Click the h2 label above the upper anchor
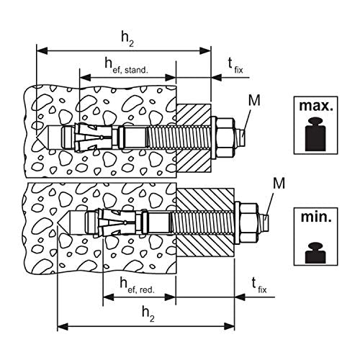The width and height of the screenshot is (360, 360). click(127, 40)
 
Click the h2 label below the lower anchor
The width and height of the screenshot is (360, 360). click(148, 314)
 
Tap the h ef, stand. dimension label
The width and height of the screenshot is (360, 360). click(126, 66)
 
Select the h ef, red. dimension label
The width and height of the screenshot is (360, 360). click(138, 286)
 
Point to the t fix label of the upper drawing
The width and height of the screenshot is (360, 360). click(235, 66)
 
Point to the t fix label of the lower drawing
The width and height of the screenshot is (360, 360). click(259, 286)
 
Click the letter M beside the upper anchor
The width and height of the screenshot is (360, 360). click(254, 100)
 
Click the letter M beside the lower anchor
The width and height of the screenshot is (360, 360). click(279, 184)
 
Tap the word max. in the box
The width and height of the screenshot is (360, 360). click(316, 106)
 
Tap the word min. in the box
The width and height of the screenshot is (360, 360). click(316, 217)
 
